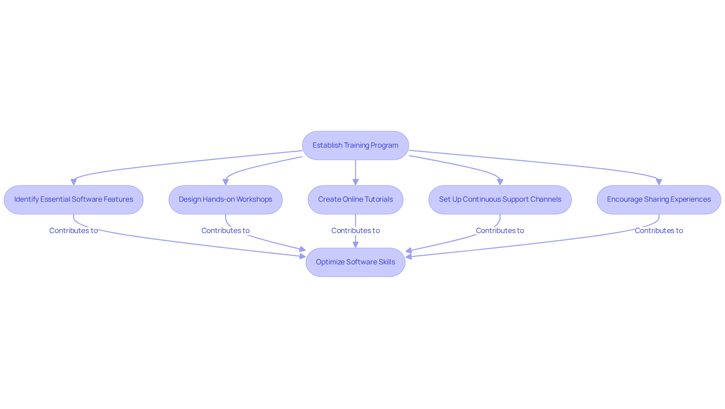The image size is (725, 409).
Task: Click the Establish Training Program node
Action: pos(355,145)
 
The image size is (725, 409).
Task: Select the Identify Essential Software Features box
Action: pos(74,199)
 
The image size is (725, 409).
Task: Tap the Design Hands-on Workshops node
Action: pos(225,199)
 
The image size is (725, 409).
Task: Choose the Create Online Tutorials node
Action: pos(355,199)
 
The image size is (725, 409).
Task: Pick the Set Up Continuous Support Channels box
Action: pos(500,199)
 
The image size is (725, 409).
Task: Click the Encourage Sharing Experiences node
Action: pos(659,199)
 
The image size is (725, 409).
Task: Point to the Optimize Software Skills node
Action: pos(355,262)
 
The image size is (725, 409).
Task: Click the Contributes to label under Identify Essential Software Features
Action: pos(74,230)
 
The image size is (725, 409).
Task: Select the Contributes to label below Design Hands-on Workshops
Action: pos(225,230)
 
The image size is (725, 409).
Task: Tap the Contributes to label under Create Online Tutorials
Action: pos(355,230)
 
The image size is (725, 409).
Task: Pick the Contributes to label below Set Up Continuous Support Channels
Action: pos(500,230)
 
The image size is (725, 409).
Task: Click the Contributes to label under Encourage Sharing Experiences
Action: pos(659,230)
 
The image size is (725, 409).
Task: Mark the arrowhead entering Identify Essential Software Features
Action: pos(74,182)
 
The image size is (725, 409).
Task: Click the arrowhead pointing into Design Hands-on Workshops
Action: pos(225,182)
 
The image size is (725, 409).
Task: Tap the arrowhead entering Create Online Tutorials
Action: pos(355,182)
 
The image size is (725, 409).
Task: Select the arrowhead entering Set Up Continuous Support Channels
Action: pos(500,182)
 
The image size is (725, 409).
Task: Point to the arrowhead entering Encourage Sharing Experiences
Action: pos(659,182)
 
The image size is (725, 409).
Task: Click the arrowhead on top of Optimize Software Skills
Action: pos(355,245)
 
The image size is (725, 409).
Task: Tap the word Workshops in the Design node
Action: pos(254,199)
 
